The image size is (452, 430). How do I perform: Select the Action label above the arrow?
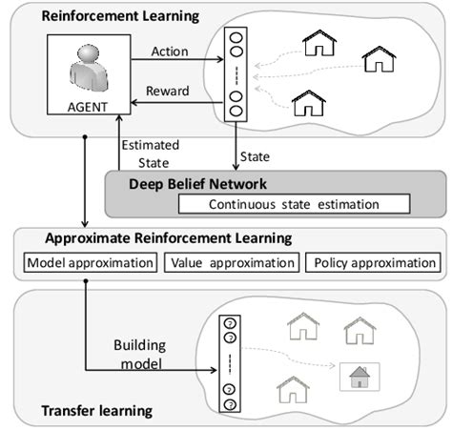170,51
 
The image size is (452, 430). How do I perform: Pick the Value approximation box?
233,263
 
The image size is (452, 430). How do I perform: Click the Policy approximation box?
373,263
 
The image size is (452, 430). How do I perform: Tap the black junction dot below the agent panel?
87,136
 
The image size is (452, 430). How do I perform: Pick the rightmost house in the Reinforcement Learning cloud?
379,59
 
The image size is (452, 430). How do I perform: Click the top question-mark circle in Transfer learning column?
229,322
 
